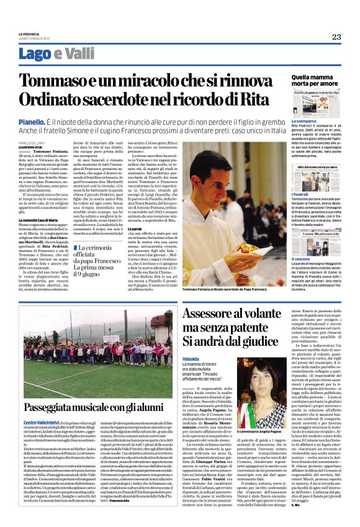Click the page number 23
(336, 37)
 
